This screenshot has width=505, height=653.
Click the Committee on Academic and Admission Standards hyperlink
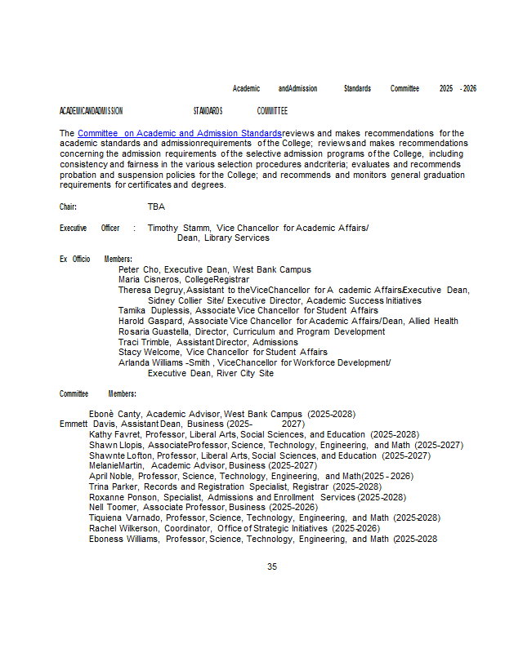click(x=180, y=133)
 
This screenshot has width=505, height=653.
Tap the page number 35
click(x=272, y=566)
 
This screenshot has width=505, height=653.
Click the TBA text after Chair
click(x=156, y=207)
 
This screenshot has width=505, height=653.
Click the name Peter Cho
click(x=138, y=269)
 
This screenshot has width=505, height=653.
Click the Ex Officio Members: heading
click(x=96, y=259)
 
